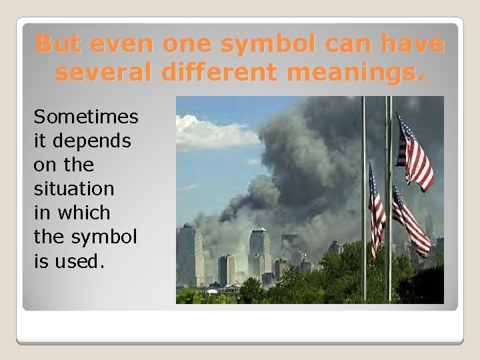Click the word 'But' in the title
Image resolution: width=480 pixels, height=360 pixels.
[x=56, y=44]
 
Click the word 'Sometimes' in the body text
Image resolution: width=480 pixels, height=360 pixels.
[x=86, y=117]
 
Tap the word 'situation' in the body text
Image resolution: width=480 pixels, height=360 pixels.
[x=74, y=189]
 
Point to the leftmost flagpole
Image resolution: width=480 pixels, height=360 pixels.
[x=364, y=200]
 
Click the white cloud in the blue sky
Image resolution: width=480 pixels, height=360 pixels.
[x=213, y=132]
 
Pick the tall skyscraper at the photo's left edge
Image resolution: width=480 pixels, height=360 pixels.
[x=189, y=256]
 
